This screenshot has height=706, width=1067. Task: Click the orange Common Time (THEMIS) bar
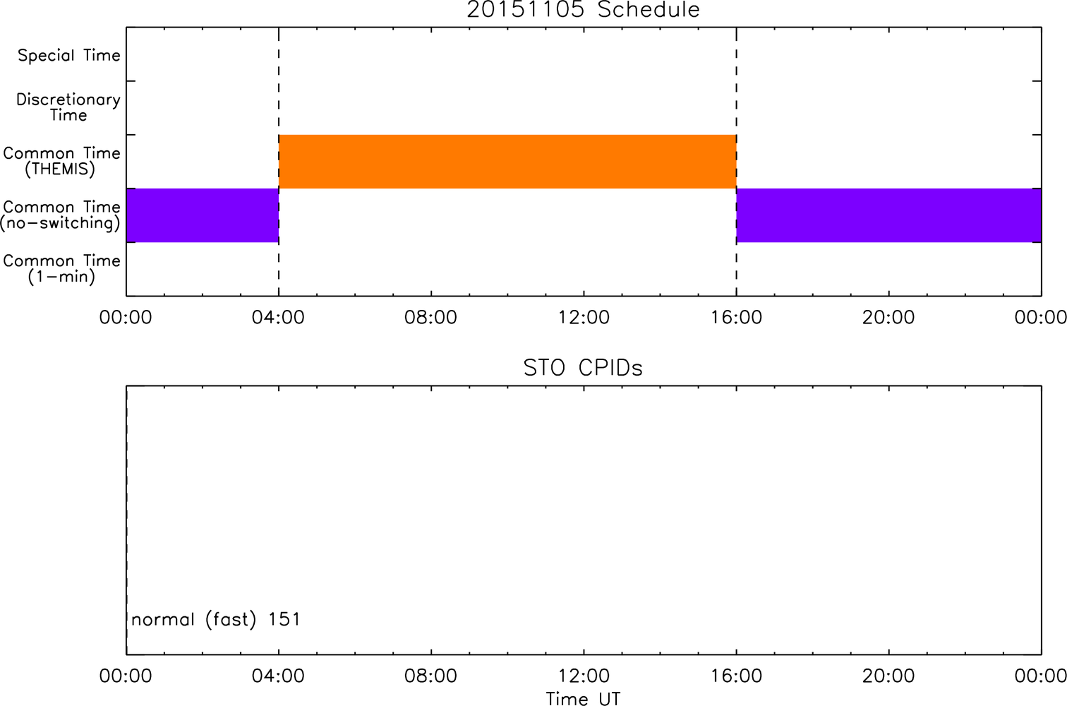pos(507,162)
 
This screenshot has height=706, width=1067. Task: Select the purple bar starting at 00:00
pos(203,215)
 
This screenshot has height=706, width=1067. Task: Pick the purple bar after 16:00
pos(889,215)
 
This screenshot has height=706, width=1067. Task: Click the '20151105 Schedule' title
pos(583,10)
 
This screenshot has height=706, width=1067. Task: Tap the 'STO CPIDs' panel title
pos(583,368)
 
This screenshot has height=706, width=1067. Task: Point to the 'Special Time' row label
pos(69,55)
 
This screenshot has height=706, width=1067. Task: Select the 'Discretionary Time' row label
pos(68,107)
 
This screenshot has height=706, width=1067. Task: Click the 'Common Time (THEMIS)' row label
pos(61,161)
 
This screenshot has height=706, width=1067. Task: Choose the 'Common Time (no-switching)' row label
pos(61,215)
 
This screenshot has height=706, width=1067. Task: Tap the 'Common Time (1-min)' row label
pos(61,269)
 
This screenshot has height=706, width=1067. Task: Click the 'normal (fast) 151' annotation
pos(216,619)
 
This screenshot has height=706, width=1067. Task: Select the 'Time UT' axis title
pos(583,698)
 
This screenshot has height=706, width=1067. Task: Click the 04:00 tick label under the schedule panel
pos(278,318)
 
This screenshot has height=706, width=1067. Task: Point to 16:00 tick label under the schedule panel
pos(737,318)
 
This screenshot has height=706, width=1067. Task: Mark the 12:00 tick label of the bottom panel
pos(584,676)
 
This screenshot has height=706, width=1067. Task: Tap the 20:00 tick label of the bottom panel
pos(888,676)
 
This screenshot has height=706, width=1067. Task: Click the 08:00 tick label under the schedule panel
pos(430,318)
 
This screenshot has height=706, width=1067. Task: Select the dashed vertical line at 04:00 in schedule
pos(279,162)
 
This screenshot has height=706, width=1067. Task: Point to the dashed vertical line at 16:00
pos(737,162)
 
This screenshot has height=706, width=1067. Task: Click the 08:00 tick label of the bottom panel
pos(430,676)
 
